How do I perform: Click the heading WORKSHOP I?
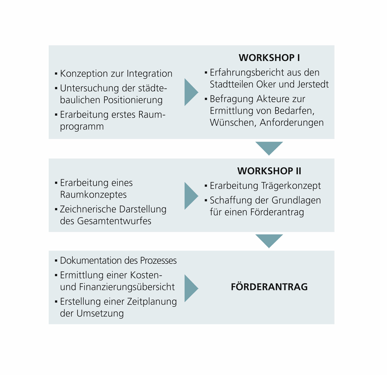pyautogui.click(x=269, y=58)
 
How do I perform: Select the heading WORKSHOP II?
pyautogui.click(x=269, y=171)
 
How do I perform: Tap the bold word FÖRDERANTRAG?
pyautogui.click(x=269, y=287)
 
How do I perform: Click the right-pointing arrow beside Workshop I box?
pyautogui.click(x=191, y=92)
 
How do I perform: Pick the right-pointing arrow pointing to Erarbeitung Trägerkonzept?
pyautogui.click(x=191, y=196)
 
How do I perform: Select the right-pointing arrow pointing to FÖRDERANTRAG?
pyautogui.click(x=191, y=288)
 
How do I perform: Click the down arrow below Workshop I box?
pyautogui.click(x=269, y=148)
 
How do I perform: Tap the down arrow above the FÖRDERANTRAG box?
pyautogui.click(x=269, y=241)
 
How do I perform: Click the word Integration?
pyautogui.click(x=149, y=74)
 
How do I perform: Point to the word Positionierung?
pyautogui.click(x=133, y=100)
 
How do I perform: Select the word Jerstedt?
pyautogui.click(x=313, y=84)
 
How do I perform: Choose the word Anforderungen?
pyautogui.click(x=291, y=122)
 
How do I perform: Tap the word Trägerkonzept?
pyautogui.click(x=291, y=186)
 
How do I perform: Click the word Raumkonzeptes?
pyautogui.click(x=93, y=195)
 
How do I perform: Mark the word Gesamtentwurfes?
pyautogui.click(x=114, y=221)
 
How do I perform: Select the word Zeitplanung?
pyautogui.click(x=152, y=302)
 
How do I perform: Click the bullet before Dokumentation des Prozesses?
pyautogui.click(x=56, y=260)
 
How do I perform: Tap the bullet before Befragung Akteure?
pyautogui.click(x=206, y=99)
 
